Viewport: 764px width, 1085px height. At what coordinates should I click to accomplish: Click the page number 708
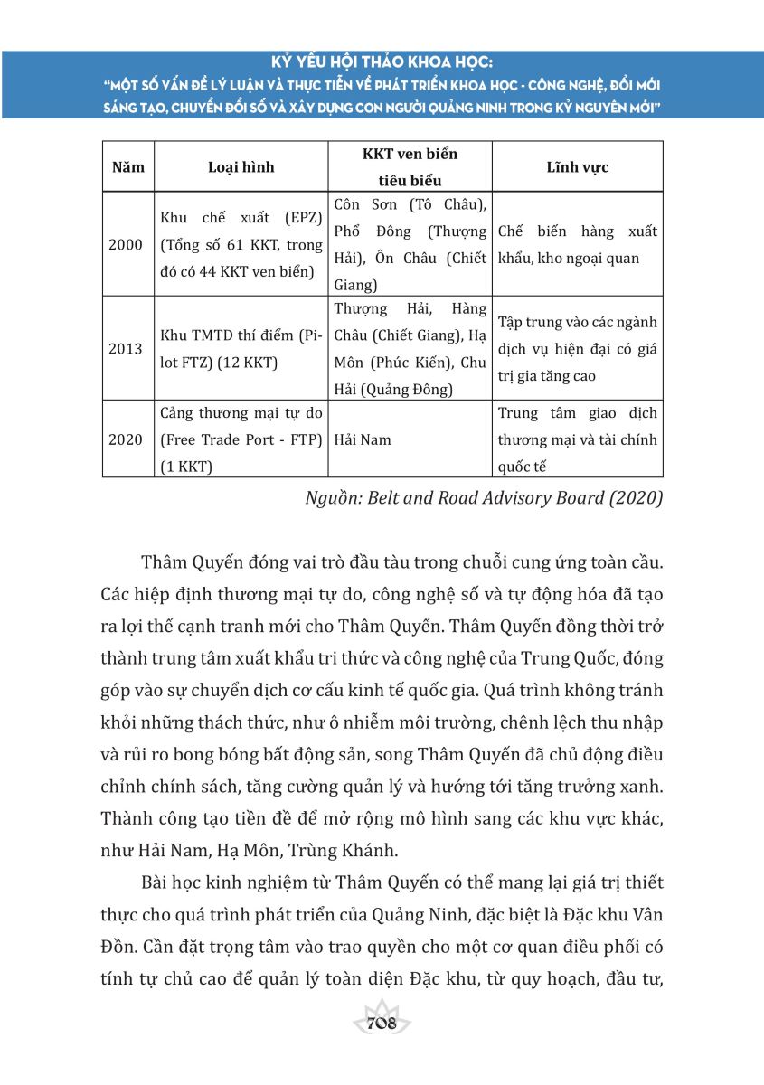(382, 1024)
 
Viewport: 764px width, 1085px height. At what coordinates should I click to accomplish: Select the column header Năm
(127, 167)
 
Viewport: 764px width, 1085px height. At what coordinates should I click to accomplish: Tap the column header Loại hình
(241, 167)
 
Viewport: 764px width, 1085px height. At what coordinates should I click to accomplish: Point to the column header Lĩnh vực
(578, 167)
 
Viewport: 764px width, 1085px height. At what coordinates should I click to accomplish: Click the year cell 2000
(126, 244)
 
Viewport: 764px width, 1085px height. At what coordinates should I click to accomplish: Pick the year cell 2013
(126, 349)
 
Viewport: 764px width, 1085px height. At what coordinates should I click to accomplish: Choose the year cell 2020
(126, 439)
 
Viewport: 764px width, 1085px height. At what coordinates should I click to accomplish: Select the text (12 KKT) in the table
(250, 362)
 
